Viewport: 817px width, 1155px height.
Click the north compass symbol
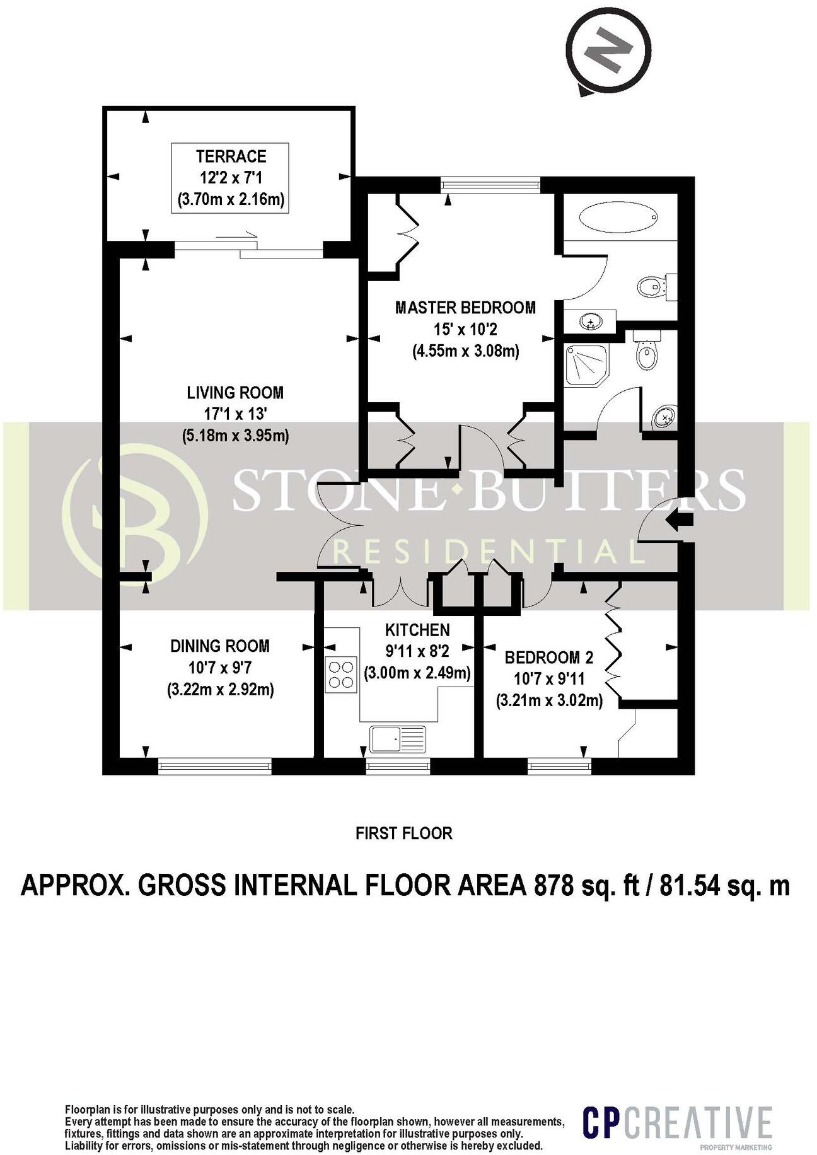pyautogui.click(x=607, y=49)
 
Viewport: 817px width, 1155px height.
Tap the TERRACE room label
pyautogui.click(x=231, y=156)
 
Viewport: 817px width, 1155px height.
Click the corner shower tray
pyautogui.click(x=587, y=364)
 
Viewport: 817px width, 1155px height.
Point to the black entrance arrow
pyautogui.click(x=680, y=520)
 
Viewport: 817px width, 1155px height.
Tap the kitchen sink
pyautogui.click(x=398, y=738)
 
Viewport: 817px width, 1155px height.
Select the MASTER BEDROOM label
pyautogui.click(x=465, y=308)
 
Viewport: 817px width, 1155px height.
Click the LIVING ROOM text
pyautogui.click(x=235, y=393)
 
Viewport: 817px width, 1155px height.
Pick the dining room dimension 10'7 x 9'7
pyautogui.click(x=220, y=668)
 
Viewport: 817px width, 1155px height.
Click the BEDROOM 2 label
pyautogui.click(x=549, y=658)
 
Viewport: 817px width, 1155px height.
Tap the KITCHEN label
pyautogui.click(x=417, y=629)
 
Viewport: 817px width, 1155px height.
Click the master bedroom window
pyautogui.click(x=491, y=184)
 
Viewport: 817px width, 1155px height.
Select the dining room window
pyautogui.click(x=214, y=766)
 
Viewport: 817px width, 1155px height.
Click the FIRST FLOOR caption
pyautogui.click(x=403, y=833)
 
